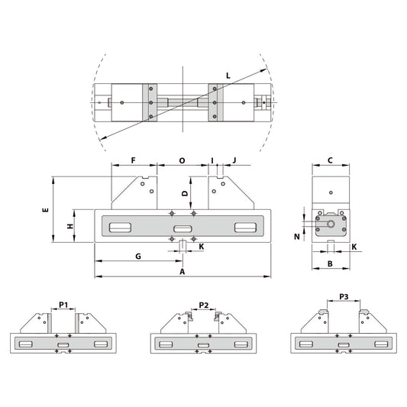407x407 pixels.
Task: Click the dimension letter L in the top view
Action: click(228, 75)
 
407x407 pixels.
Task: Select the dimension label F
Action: click(133, 160)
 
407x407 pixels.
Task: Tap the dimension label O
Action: click(182, 160)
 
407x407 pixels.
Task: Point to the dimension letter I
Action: click(212, 160)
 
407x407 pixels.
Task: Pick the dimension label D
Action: click(183, 194)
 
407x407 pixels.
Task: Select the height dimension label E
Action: click(46, 209)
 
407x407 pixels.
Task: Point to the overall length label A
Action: click(182, 271)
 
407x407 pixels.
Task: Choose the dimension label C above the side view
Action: click(329, 160)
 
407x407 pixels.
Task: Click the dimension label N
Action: click(297, 237)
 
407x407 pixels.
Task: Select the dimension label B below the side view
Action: click(329, 263)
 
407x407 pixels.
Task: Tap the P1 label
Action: click(64, 305)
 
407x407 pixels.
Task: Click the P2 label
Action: click(203, 305)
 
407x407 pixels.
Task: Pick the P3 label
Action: click(343, 297)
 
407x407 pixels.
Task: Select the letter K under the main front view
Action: click(201, 247)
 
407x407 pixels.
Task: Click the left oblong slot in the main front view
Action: click(120, 228)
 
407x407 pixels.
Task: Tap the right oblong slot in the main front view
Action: click(245, 228)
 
